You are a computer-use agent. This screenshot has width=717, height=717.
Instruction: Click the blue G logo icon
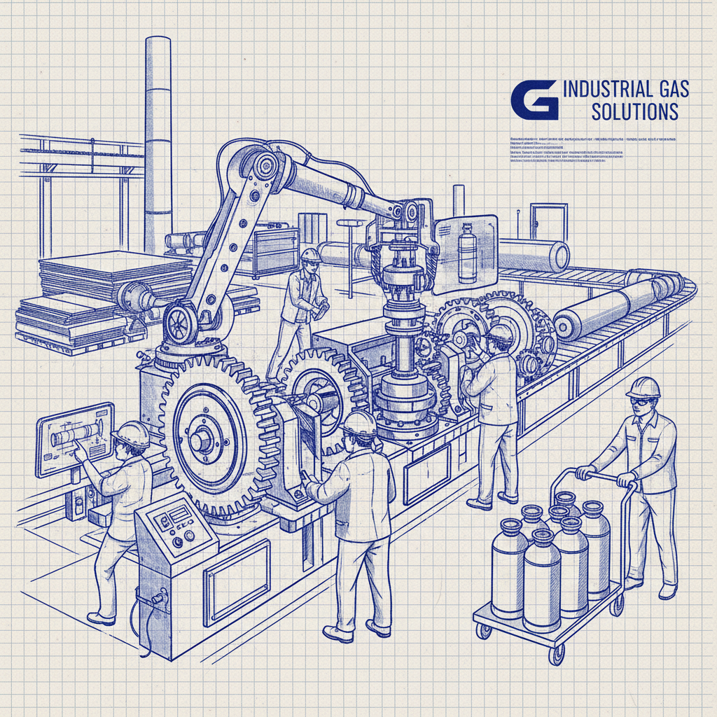[534, 99]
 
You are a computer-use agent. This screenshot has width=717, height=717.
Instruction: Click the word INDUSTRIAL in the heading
[605, 90]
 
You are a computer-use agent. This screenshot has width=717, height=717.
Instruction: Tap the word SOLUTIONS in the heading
[634, 111]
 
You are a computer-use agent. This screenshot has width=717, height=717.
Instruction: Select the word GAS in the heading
[669, 90]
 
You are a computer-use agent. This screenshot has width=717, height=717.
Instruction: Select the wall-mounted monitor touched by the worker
[74, 438]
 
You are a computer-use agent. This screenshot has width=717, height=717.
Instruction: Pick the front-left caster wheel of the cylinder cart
[484, 632]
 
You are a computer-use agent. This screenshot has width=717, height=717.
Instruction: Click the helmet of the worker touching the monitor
[132, 434]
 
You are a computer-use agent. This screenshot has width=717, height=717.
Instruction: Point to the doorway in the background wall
[548, 221]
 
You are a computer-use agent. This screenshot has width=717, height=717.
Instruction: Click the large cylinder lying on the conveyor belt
[616, 302]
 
